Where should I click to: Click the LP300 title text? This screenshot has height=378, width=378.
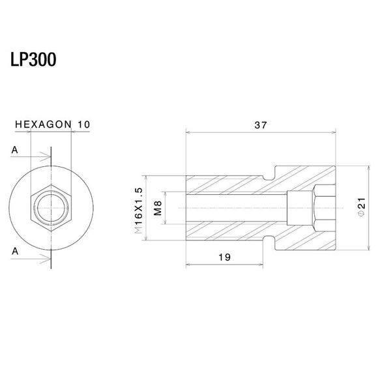(33, 60)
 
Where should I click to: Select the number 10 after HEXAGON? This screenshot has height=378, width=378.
(83, 123)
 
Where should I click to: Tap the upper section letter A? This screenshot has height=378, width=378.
(14, 151)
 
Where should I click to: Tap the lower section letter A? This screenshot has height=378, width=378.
(14, 250)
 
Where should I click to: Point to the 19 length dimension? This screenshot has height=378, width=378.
(224, 257)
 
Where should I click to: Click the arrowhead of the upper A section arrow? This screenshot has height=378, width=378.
(48, 156)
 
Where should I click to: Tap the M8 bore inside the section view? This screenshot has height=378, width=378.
(235, 208)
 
